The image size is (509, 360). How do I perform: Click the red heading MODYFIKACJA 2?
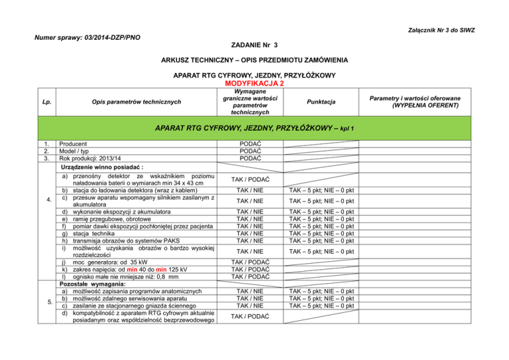[255, 84]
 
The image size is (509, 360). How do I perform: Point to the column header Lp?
[46, 103]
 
